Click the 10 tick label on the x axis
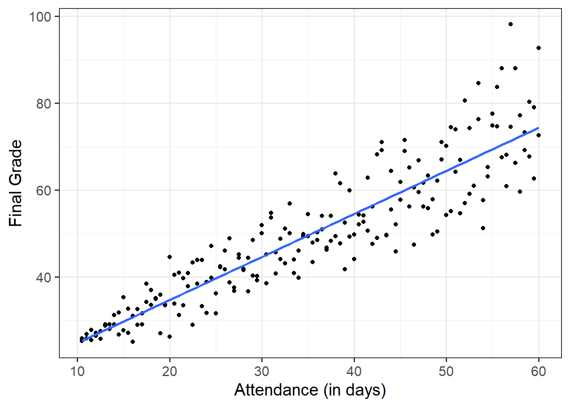[x=77, y=372]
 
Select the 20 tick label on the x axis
[x=170, y=372]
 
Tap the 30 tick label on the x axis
[x=262, y=372]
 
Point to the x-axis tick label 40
[x=354, y=372]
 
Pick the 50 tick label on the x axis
[x=446, y=372]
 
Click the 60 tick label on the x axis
[x=539, y=372]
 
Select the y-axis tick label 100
[x=40, y=17]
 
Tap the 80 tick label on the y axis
[x=43, y=104]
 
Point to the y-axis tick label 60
[x=43, y=191]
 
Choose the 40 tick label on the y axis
[x=43, y=278]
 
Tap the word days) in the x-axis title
[x=367, y=390]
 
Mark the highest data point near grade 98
[x=511, y=24]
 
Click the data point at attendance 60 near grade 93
[x=539, y=48]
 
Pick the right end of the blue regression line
[x=539, y=128]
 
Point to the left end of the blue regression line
[x=82, y=340]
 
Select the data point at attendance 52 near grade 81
[x=465, y=100]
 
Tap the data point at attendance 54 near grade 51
[x=483, y=228]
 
